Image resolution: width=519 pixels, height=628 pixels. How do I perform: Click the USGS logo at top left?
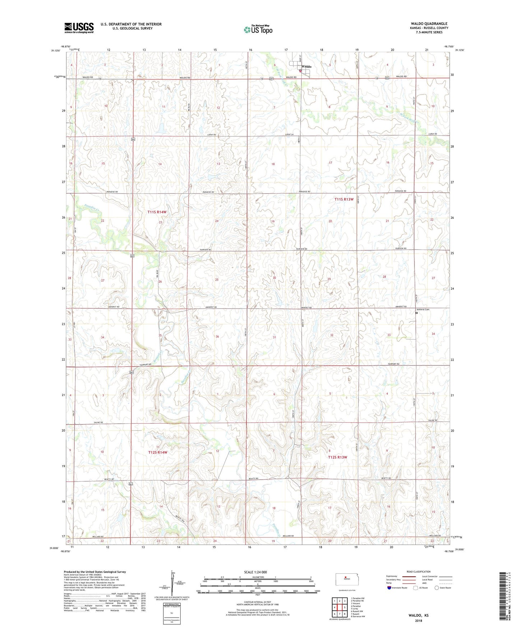(x=79, y=28)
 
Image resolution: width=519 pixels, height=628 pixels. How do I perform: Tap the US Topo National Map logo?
(x=258, y=29)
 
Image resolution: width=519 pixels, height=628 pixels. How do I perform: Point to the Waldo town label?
(x=306, y=67)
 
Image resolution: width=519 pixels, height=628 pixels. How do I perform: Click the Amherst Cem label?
(x=422, y=309)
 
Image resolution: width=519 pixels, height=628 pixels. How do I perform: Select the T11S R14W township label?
(x=157, y=212)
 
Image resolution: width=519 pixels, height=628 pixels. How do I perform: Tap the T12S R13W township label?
(x=338, y=457)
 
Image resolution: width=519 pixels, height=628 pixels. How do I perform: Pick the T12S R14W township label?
(x=158, y=452)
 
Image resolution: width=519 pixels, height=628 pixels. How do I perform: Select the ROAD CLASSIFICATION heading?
(x=419, y=572)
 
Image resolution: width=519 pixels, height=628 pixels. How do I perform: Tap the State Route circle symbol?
(x=437, y=588)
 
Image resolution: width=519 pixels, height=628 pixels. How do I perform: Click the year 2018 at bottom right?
(x=418, y=621)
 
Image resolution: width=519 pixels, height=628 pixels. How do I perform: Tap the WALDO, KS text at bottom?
(x=418, y=615)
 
